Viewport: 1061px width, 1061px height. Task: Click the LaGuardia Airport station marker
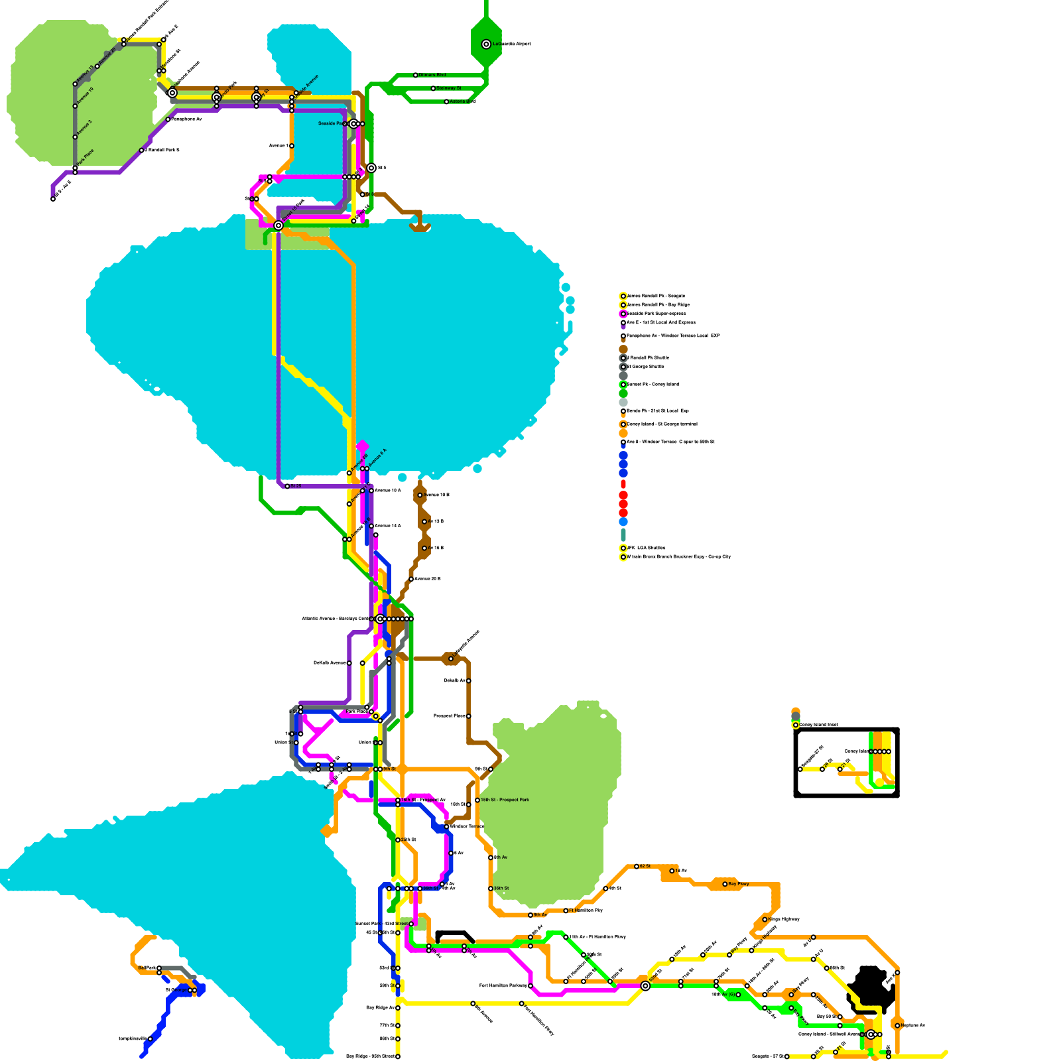(486, 44)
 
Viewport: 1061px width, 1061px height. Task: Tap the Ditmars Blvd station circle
(416, 75)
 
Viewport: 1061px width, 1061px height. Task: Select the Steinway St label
(449, 88)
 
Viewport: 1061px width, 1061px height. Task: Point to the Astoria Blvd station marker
(446, 101)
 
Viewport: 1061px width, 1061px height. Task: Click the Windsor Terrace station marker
(446, 826)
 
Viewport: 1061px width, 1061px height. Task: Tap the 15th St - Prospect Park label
(505, 800)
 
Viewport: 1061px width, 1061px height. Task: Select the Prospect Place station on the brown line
(469, 716)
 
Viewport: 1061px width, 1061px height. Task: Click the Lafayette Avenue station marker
(451, 658)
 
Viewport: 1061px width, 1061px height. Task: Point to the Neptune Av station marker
(897, 1025)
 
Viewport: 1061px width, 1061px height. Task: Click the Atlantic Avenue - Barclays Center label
(336, 619)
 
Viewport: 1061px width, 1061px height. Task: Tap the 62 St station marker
(637, 866)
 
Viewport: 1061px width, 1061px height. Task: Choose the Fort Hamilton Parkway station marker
(530, 986)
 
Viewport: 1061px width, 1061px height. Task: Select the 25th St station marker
(398, 840)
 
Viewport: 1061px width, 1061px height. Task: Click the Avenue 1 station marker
(292, 146)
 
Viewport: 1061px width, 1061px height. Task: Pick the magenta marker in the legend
(623, 314)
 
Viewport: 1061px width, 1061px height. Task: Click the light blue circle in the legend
(623, 522)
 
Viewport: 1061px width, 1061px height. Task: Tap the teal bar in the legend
(623, 534)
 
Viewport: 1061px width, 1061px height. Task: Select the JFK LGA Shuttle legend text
(646, 548)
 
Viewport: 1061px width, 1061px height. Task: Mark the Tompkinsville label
(133, 1038)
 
